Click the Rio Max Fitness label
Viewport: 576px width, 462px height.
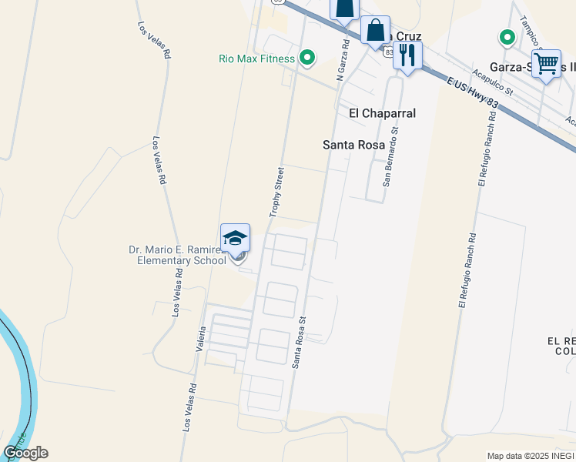pyautogui.click(x=256, y=59)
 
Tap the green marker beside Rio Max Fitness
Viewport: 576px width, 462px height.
pyautogui.click(x=306, y=58)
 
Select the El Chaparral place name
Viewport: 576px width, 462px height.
pyautogui.click(x=382, y=113)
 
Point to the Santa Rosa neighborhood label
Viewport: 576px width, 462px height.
pyautogui.click(x=353, y=144)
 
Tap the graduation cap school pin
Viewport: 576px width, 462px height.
pyautogui.click(x=235, y=237)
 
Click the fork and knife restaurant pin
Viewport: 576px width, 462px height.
pyautogui.click(x=407, y=55)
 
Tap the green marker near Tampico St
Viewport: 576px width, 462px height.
pyautogui.click(x=507, y=36)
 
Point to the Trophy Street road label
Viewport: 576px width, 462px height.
pyautogui.click(x=277, y=190)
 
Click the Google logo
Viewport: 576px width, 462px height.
pyautogui.click(x=25, y=453)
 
